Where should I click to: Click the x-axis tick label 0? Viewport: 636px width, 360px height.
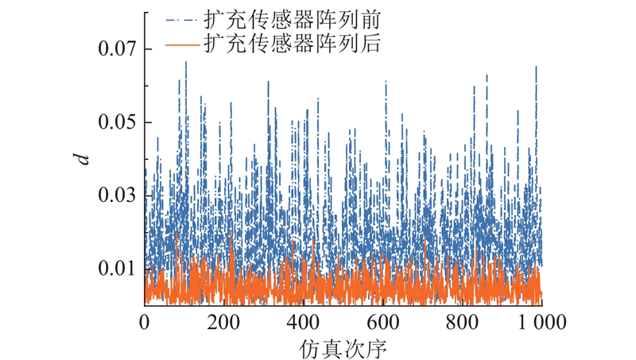click(x=145, y=323)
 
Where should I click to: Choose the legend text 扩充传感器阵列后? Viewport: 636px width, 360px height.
click(x=293, y=45)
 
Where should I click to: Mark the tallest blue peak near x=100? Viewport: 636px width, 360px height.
click(x=186, y=62)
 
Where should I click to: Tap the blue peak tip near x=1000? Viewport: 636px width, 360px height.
click(x=536, y=65)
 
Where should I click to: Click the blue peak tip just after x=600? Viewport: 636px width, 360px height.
click(x=386, y=81)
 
